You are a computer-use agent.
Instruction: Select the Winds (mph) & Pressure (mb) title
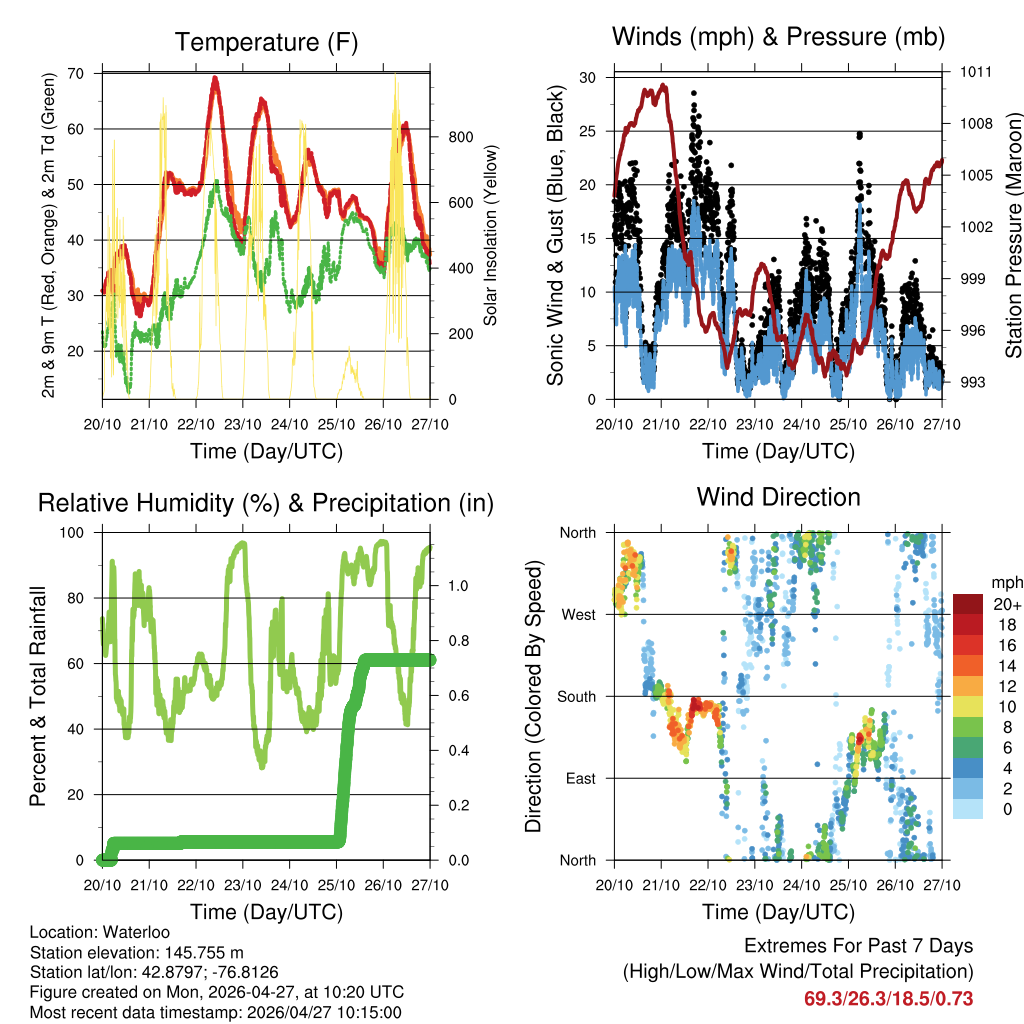pyautogui.click(x=778, y=37)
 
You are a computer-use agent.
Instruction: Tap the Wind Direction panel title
pyautogui.click(x=778, y=497)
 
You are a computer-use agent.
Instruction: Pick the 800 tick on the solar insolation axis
pyautogui.click(x=461, y=137)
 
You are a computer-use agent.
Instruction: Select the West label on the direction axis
pyautogui.click(x=578, y=614)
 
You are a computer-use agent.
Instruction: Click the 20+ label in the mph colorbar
pyautogui.click(x=1007, y=604)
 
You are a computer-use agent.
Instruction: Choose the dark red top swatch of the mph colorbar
pyautogui.click(x=968, y=604)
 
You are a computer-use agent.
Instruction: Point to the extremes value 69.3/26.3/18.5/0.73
pyautogui.click(x=888, y=998)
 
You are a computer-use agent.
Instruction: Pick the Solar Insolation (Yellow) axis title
pyautogui.click(x=491, y=236)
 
